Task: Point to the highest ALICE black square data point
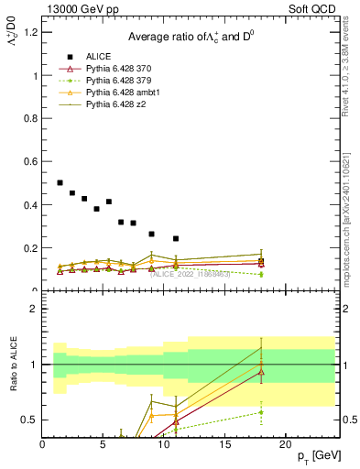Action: coord(60,183)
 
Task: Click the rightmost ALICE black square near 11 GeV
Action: coord(176,238)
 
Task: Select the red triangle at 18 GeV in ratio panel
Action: coord(261,372)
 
